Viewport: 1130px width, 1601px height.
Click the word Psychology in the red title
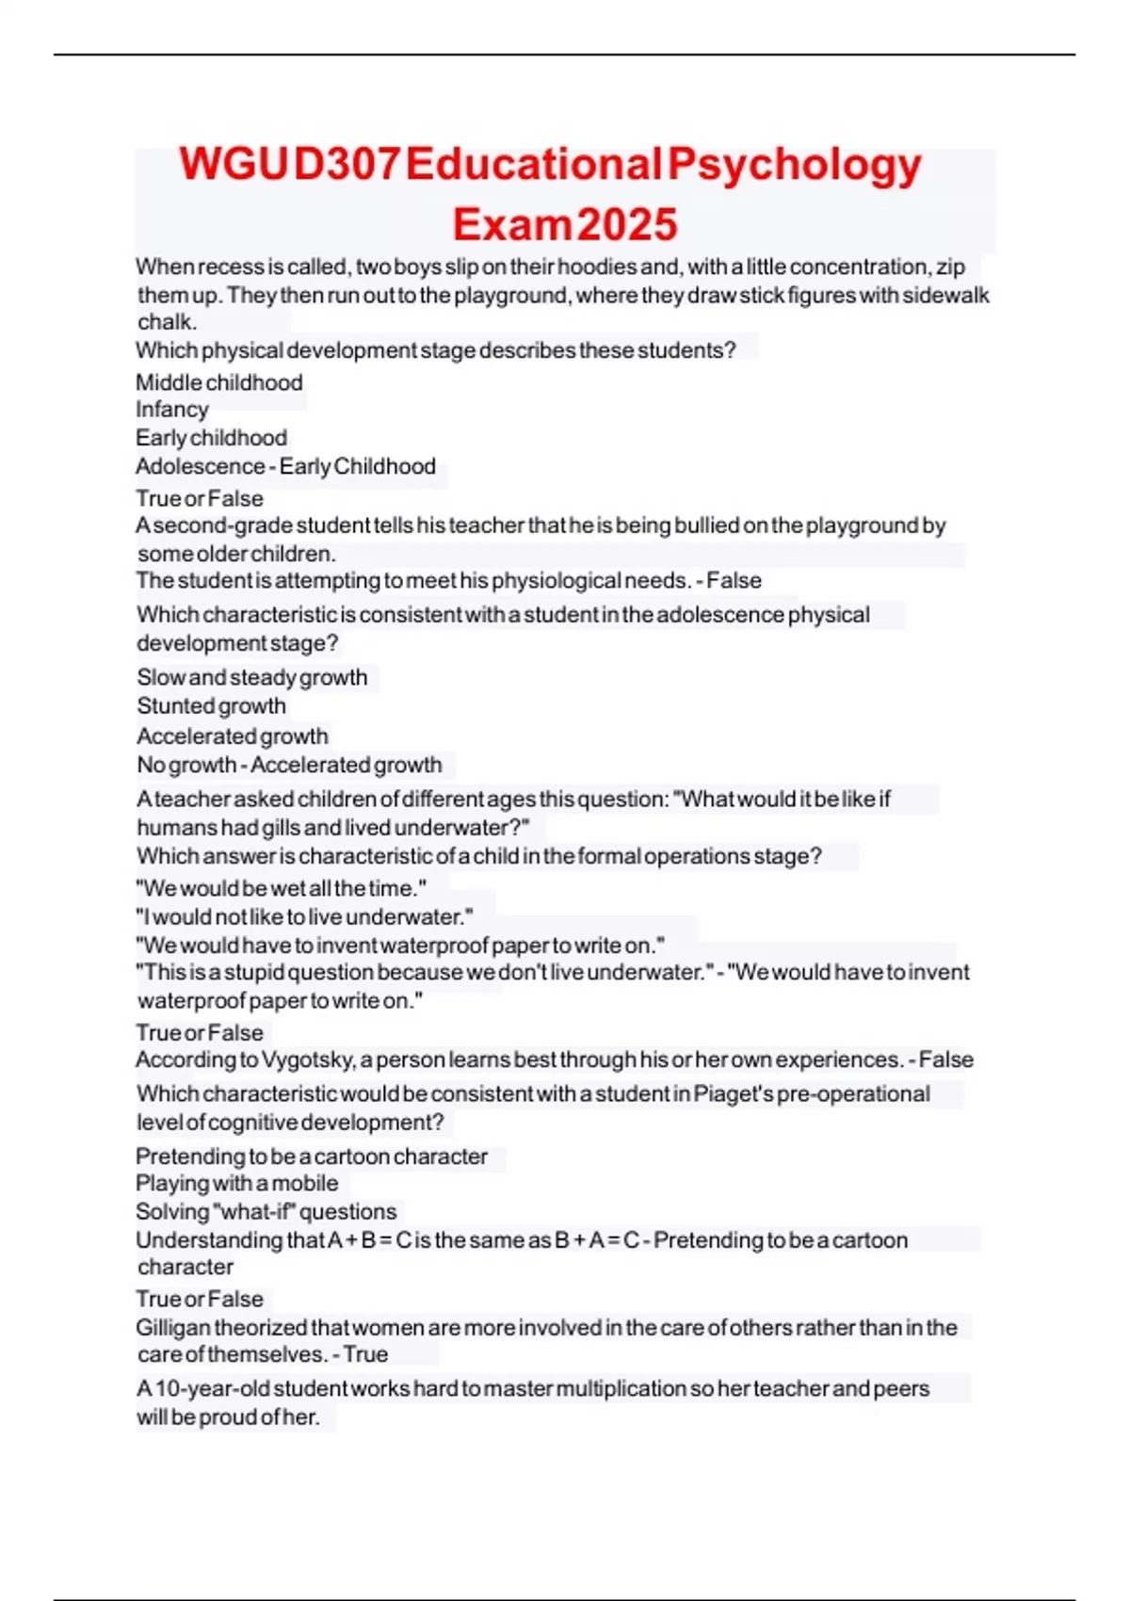click(794, 165)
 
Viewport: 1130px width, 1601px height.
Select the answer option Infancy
click(172, 410)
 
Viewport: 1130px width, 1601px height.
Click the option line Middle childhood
click(219, 382)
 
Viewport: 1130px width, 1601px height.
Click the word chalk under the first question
click(166, 322)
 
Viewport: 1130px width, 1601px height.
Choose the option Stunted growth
click(212, 706)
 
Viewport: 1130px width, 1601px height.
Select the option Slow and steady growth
click(252, 677)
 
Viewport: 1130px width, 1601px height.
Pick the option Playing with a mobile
click(237, 1184)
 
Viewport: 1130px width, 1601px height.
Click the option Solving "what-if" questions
click(266, 1212)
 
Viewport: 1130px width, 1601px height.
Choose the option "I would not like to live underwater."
click(304, 917)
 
